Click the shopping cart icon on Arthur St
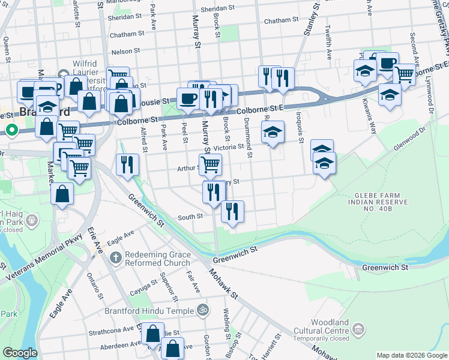210,164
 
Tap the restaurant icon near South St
232,211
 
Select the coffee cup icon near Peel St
187,98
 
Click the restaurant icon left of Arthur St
127,164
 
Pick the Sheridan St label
218,8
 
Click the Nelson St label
125,52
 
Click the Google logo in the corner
20,353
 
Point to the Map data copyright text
411,355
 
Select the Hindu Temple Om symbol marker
203,310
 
